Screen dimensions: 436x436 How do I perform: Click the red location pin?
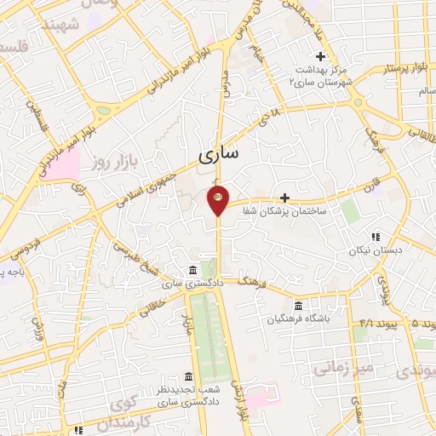218,199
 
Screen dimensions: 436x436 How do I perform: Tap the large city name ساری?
220,155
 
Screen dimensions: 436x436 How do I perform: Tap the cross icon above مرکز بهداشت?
320,56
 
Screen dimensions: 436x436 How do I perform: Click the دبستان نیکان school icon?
374,238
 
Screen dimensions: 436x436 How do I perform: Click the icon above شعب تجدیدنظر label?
187,377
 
